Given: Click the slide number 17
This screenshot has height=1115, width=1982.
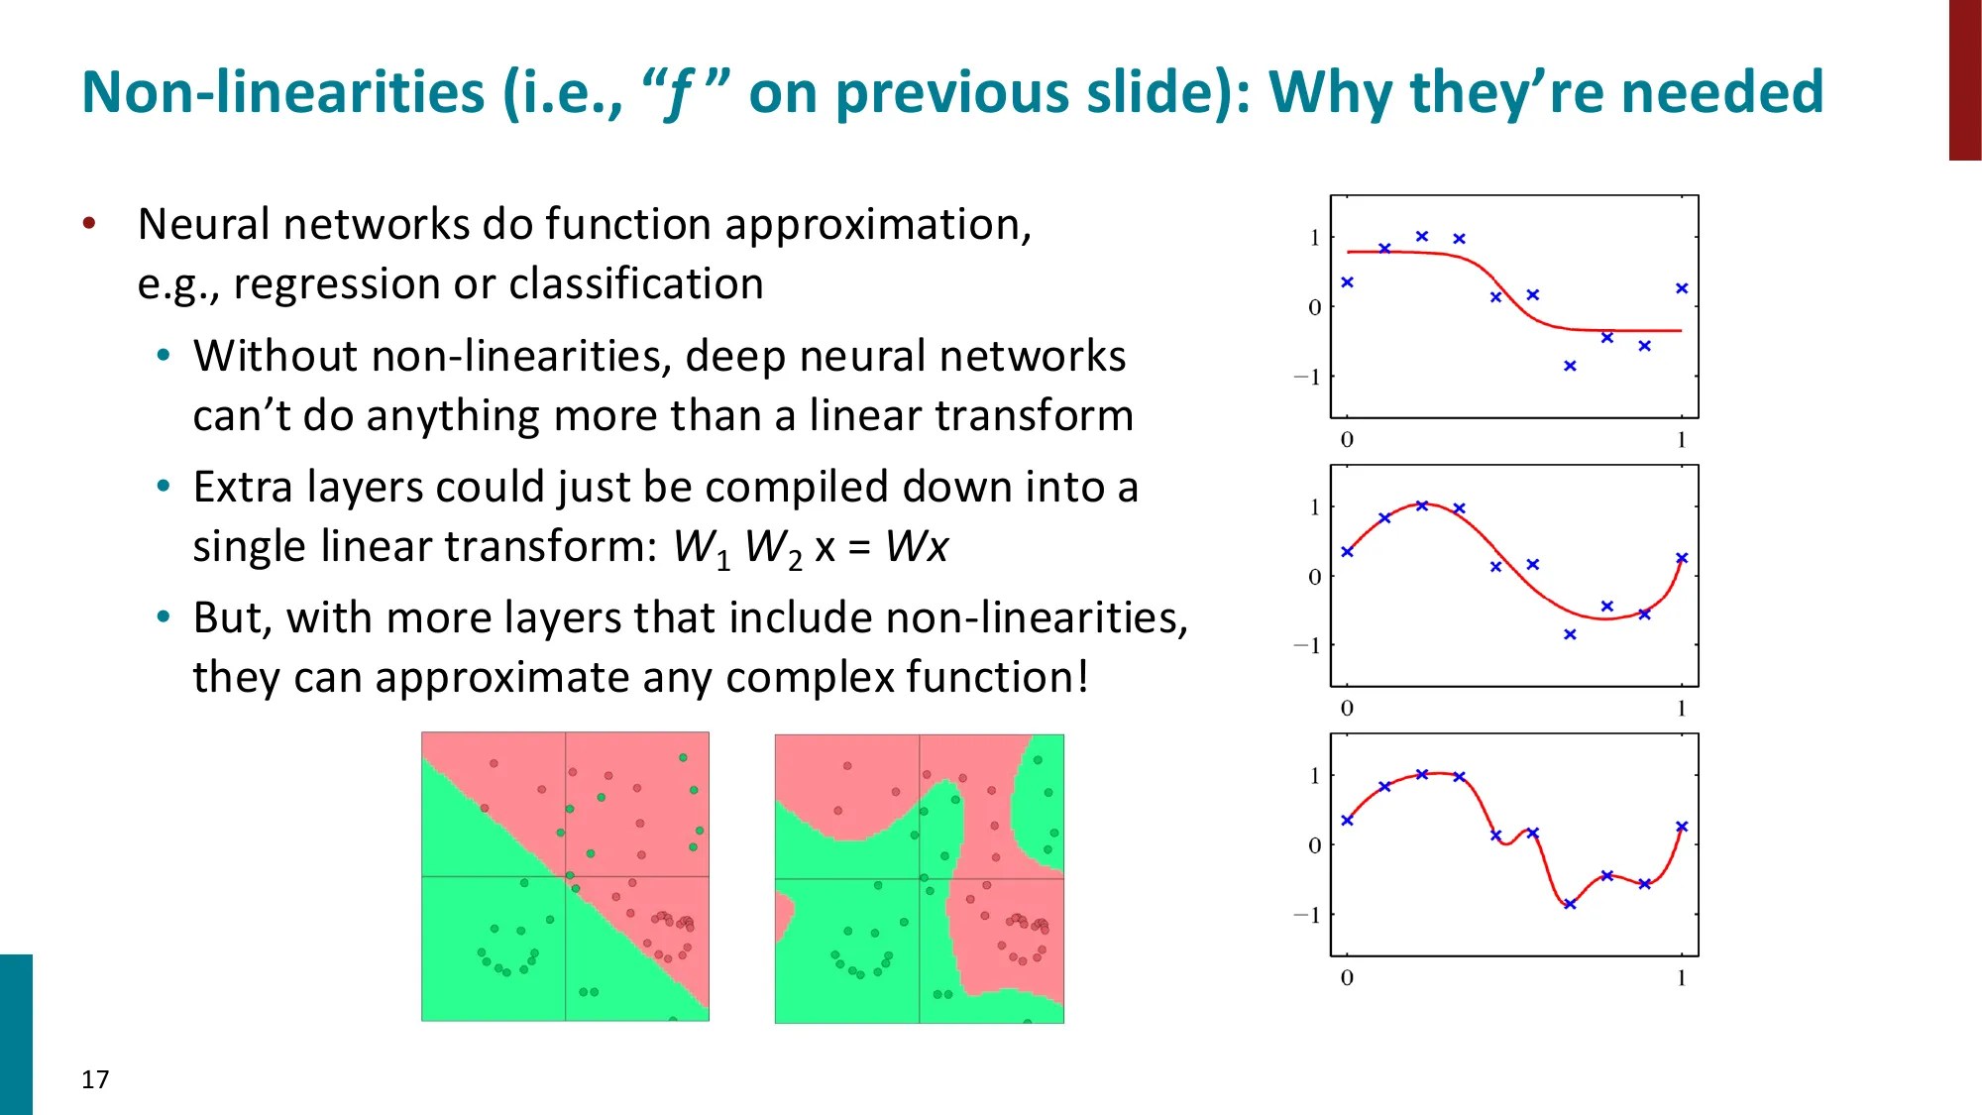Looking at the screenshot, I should coord(95,1079).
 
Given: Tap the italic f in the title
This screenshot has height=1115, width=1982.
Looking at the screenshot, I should coord(679,94).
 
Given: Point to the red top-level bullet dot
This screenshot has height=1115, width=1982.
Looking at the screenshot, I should coord(89,223).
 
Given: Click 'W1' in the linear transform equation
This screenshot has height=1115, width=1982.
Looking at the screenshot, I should coord(701,548).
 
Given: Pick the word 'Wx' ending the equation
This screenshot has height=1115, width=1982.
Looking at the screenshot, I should coord(917,546).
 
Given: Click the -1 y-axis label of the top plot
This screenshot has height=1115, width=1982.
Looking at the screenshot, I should coord(1307,378).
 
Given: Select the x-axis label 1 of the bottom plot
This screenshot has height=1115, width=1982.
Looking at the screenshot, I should coord(1681,978).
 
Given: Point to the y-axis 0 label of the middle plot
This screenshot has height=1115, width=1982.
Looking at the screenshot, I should coord(1314,577).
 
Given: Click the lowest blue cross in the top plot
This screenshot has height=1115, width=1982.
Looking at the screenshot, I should coord(1570,366).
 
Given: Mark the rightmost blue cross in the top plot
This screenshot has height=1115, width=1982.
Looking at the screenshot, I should coord(1682,288).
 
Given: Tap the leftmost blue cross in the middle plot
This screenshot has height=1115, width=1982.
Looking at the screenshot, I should coord(1347,551).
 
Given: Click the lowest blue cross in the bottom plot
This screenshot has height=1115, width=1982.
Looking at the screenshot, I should coord(1570,904).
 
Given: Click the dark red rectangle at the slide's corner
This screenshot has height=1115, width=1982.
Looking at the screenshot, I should coord(1964,79).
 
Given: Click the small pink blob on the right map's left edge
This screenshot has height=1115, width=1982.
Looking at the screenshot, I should coord(783,917).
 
